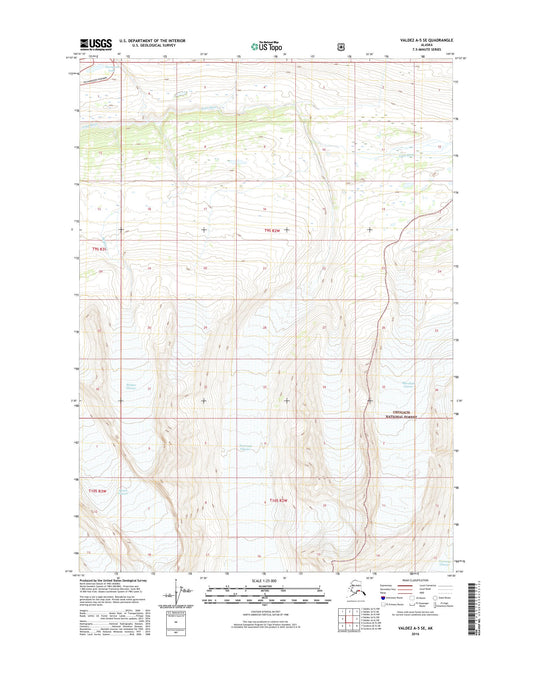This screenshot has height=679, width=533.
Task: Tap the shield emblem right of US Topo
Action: [x=342, y=45]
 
